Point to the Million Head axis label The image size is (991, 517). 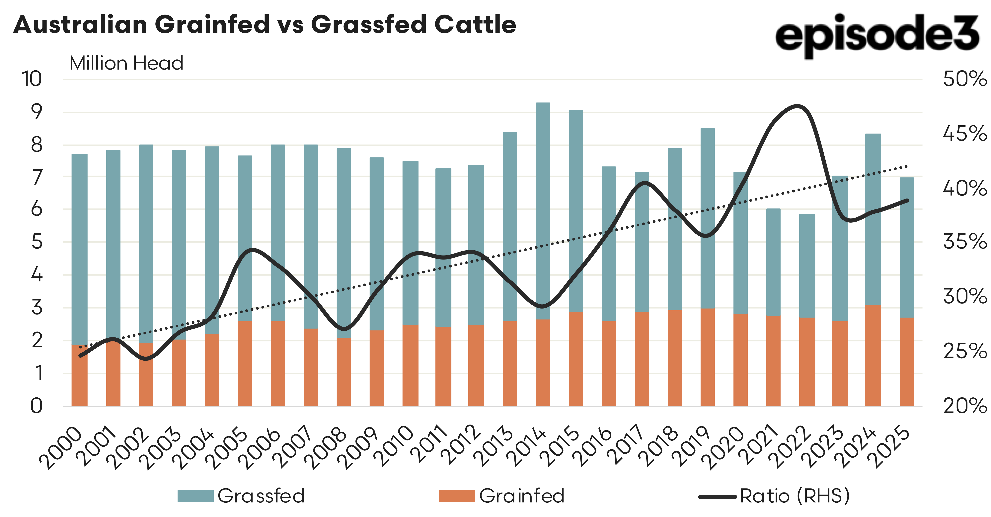coord(126,63)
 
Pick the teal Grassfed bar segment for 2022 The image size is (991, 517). coord(807,265)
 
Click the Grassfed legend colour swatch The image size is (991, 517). coord(195,496)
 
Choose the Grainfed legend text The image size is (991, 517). coord(522,496)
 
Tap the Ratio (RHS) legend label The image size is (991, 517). coord(794,496)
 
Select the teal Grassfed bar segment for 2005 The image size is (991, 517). coord(245,238)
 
